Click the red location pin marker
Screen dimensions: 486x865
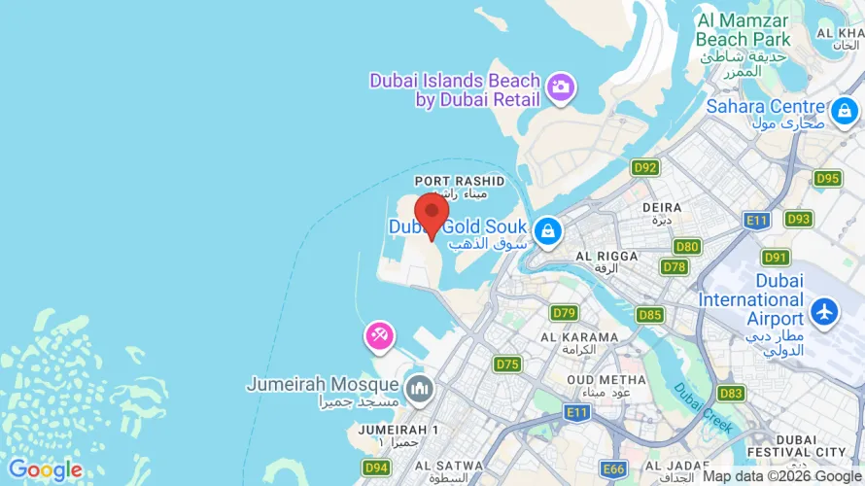point(432,212)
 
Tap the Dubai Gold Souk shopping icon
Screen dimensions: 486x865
point(548,231)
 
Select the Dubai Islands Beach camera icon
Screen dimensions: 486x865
point(561,88)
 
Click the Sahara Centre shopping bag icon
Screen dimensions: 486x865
point(844,111)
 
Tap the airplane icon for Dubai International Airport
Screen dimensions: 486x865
point(825,313)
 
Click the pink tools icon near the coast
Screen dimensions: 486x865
point(378,336)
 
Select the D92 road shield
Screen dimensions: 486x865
point(645,168)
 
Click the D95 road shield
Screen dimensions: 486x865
point(827,178)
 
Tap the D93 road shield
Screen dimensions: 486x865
point(798,219)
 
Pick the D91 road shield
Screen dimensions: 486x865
point(776,258)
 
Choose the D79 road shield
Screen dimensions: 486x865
point(564,313)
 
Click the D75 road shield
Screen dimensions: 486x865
point(507,364)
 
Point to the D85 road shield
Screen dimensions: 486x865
point(650,315)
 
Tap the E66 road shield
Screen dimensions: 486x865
point(613,469)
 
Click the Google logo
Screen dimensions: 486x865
point(45,470)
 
